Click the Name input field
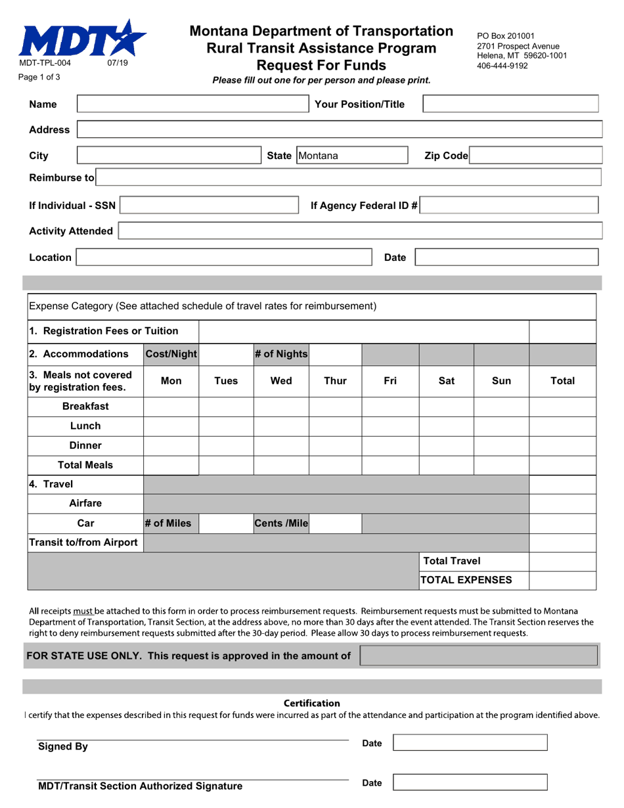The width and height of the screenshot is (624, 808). [x=193, y=104]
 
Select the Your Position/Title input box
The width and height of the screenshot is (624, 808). [x=510, y=104]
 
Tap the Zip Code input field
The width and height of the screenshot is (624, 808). [x=536, y=156]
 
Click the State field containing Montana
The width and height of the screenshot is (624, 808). [x=352, y=156]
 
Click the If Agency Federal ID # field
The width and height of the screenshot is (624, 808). [x=510, y=206]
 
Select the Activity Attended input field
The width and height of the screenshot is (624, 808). [x=359, y=231]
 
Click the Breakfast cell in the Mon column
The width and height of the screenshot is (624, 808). [x=171, y=406]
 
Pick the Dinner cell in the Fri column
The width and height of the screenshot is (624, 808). [x=390, y=445]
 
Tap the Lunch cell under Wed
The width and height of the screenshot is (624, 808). [x=281, y=426]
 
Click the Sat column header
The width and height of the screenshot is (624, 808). [x=446, y=380]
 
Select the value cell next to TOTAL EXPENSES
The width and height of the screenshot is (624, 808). [x=562, y=579]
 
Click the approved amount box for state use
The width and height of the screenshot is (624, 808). [x=479, y=656]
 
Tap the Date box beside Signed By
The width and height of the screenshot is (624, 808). [x=470, y=743]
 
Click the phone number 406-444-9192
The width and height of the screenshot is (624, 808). [x=502, y=66]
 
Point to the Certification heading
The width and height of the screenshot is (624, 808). [x=312, y=704]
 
